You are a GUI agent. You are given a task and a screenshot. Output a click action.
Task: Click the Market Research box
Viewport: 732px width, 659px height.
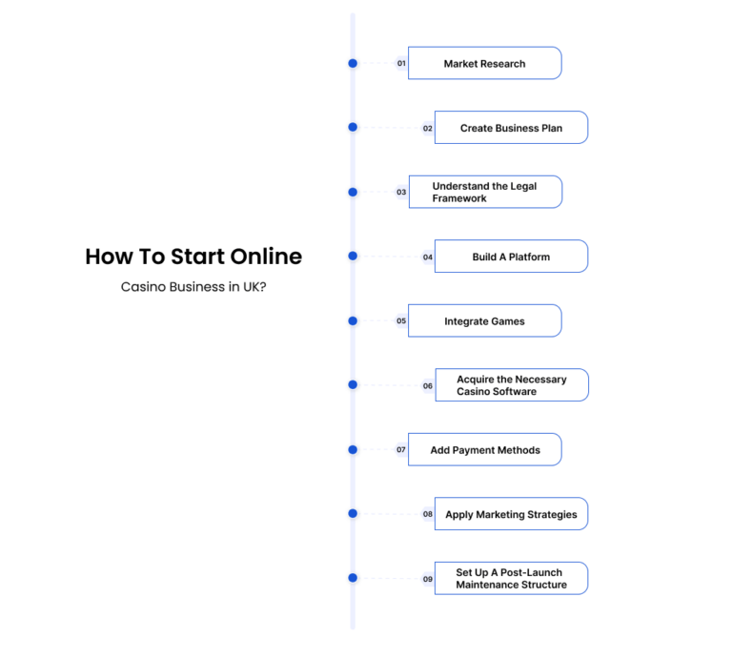pos(484,63)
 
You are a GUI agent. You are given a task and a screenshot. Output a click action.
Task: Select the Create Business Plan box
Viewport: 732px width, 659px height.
pos(511,128)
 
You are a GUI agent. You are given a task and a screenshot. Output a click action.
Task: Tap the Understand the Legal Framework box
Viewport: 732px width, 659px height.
pos(485,192)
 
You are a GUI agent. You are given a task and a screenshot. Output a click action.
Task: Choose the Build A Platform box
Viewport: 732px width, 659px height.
pos(511,257)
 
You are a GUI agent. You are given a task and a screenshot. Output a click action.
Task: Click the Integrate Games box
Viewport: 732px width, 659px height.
pos(484,320)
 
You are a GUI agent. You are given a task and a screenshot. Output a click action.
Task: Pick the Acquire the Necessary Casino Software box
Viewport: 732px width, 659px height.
pos(512,385)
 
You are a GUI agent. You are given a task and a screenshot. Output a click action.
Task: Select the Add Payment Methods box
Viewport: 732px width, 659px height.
pos(484,450)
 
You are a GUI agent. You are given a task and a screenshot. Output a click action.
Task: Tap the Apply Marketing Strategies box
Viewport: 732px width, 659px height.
pos(511,514)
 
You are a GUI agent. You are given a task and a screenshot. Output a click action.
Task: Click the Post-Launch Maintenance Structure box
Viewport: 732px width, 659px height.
pos(511,578)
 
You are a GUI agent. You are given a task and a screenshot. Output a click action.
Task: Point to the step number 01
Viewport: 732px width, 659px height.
pos(401,64)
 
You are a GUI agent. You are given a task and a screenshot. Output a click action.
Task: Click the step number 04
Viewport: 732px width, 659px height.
pos(428,257)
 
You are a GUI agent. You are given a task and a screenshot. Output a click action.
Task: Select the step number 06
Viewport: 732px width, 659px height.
pos(428,386)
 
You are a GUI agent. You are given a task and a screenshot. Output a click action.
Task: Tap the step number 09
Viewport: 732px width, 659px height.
pos(428,579)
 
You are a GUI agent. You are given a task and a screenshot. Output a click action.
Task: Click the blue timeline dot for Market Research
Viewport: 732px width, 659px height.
pos(353,63)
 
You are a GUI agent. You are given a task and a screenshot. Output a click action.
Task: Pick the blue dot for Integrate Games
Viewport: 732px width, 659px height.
pos(353,320)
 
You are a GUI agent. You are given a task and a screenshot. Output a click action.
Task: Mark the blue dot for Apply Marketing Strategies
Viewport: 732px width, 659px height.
pos(353,513)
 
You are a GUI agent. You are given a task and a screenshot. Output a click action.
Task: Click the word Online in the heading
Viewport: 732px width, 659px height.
pos(266,257)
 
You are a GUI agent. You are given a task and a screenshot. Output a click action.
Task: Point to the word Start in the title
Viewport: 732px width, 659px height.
pos(197,257)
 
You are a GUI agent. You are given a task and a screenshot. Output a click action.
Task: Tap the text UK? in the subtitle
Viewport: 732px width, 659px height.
pos(254,287)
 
